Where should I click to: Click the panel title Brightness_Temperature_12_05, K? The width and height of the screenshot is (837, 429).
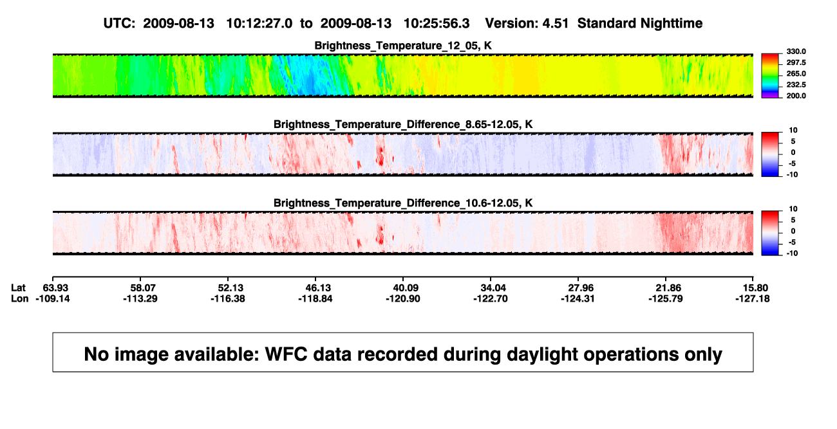coord(403,46)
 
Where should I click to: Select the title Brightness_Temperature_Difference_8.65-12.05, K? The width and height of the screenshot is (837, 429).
coord(403,124)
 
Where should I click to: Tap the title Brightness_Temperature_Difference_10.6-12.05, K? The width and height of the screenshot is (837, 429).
coord(403,203)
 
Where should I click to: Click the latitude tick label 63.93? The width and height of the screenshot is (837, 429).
coord(55,288)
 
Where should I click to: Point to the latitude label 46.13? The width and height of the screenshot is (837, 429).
coord(318,288)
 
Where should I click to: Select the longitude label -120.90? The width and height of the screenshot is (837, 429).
coord(403,298)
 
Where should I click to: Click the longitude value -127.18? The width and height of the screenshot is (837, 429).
coord(753,298)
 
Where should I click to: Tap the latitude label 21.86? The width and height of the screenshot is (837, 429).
coord(668,288)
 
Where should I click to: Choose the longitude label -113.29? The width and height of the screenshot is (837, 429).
coord(140,298)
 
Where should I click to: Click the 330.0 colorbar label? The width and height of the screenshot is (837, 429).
coord(796,51)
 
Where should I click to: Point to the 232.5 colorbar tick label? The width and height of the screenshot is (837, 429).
coord(796,85)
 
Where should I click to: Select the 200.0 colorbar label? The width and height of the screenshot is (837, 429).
coord(796,96)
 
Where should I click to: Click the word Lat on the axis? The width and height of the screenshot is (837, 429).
coord(18,288)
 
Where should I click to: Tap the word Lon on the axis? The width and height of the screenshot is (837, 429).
coord(19,298)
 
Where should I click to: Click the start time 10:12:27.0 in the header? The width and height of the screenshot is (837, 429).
coord(259,23)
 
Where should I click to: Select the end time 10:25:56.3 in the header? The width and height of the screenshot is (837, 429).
coord(437,23)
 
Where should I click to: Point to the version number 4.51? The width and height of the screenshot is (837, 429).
coord(555,23)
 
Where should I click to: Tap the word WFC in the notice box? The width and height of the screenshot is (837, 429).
coord(286,354)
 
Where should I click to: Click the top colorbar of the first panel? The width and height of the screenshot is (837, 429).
coord(770,76)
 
